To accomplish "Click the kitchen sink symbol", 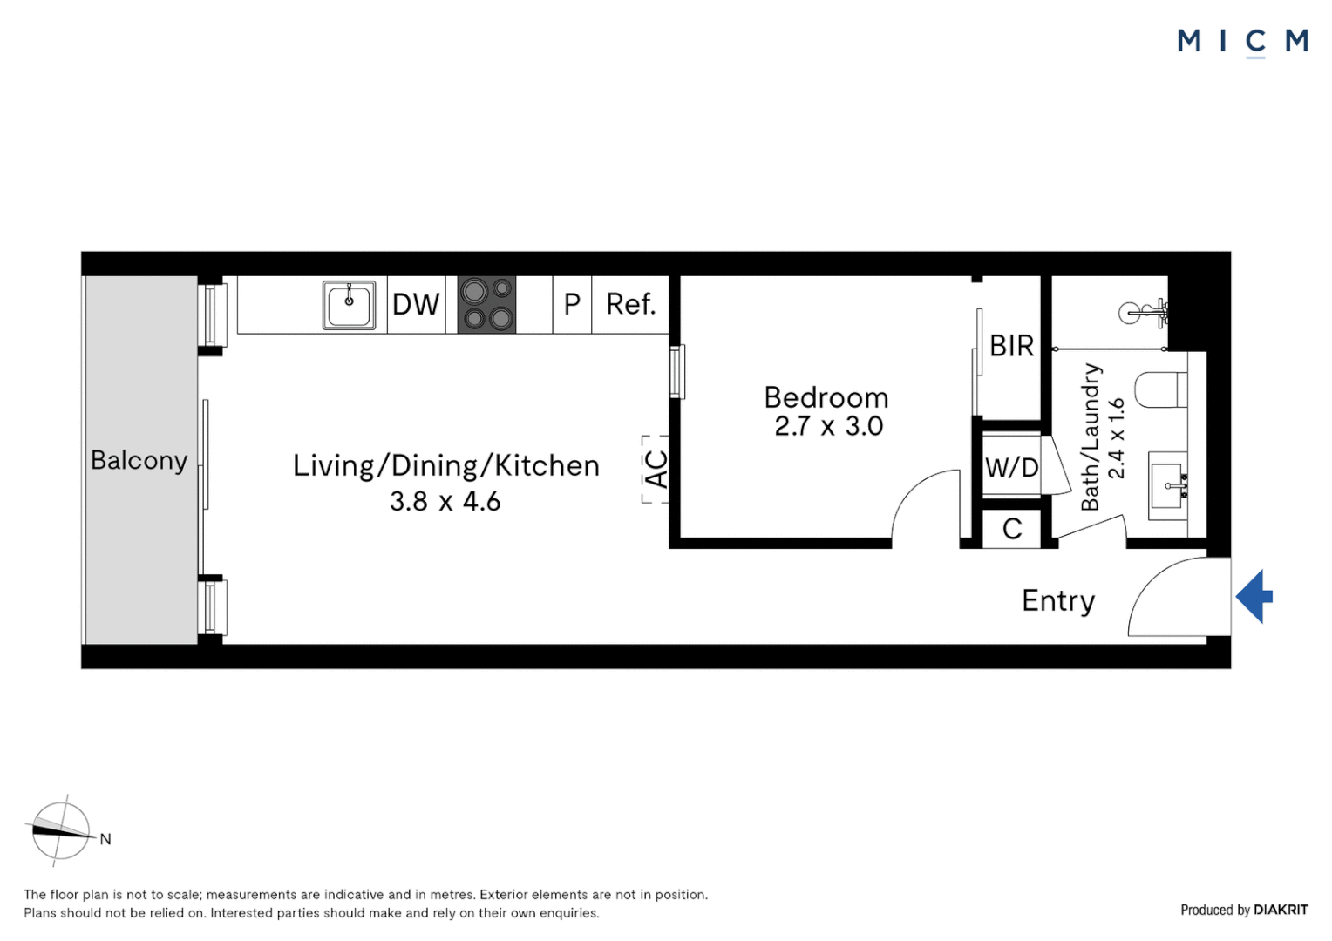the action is pos(349,305).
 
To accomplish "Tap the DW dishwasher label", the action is pos(416,304).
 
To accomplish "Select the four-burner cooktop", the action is pos(486,304).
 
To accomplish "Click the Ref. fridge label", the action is pos(631,304).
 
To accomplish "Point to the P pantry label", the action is pos(572,304).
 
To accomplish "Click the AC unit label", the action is pos(656,469).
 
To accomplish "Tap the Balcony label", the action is pos(139,461).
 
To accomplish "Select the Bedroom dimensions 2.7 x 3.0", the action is pos(828,426).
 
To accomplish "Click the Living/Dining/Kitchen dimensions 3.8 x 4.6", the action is pos(445,501).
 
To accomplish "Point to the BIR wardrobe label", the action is pos(1011,345).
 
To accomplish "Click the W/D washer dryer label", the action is pos(1011,468).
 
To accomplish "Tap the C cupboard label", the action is pos(1012,529).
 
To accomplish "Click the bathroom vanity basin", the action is pos(1168,486).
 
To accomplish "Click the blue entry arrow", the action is pos(1254,596).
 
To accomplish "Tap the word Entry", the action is pos(1058,601).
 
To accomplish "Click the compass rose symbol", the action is pos(61,830).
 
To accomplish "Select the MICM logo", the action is pos(1243,42).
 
